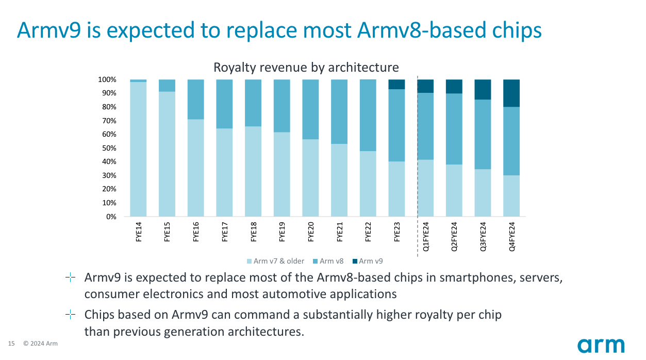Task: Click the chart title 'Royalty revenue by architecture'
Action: click(306, 68)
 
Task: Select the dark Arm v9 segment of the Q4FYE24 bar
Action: click(511, 93)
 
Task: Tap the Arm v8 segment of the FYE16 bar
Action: click(195, 99)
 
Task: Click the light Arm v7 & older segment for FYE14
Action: click(138, 150)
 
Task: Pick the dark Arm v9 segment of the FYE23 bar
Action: click(396, 85)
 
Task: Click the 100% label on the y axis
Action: click(107, 80)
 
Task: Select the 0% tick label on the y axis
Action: click(111, 217)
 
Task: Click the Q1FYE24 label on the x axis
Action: click(426, 237)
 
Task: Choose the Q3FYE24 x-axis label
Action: click(483, 237)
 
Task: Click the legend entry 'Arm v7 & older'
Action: click(275, 261)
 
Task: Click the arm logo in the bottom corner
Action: click(601, 346)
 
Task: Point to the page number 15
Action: click(11, 344)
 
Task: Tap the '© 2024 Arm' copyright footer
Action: click(40, 344)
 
